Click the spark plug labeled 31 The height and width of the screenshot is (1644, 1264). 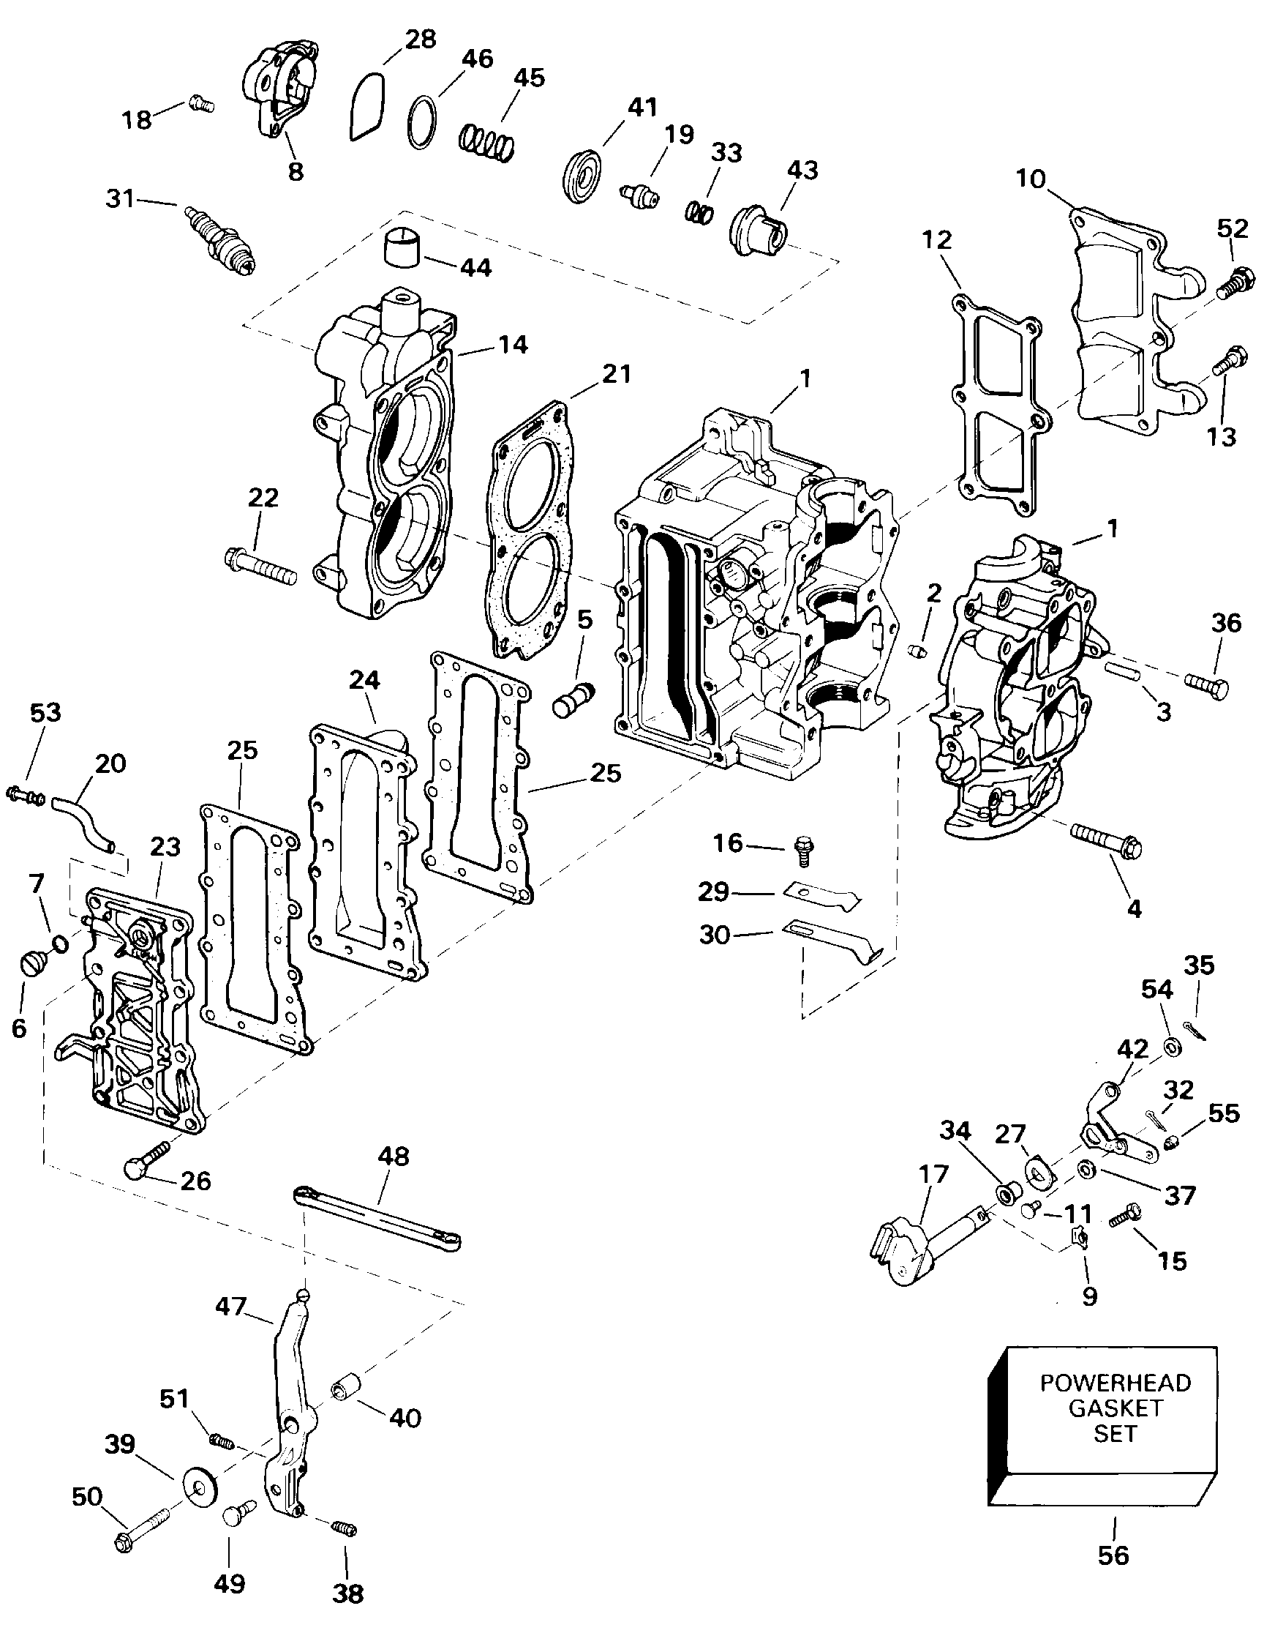(221, 242)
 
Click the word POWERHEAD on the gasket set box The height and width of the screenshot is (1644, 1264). (1115, 1383)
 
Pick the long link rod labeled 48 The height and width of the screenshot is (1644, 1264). (377, 1217)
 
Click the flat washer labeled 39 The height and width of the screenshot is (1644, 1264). (200, 1484)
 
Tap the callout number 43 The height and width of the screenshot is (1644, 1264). (802, 170)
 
